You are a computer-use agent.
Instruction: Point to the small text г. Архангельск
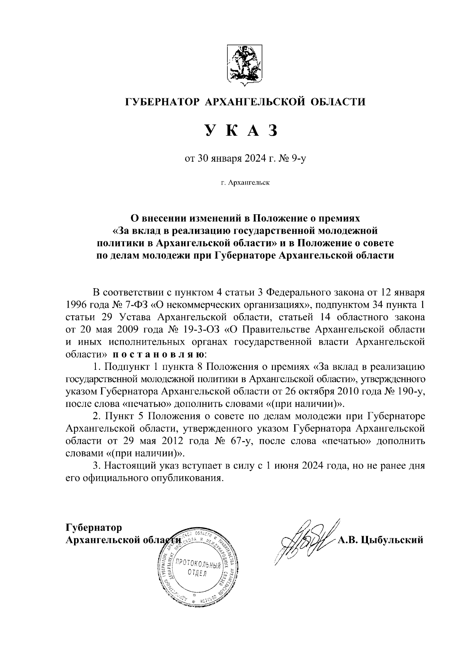tap(245, 183)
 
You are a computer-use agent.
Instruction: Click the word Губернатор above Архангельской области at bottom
tap(94, 528)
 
